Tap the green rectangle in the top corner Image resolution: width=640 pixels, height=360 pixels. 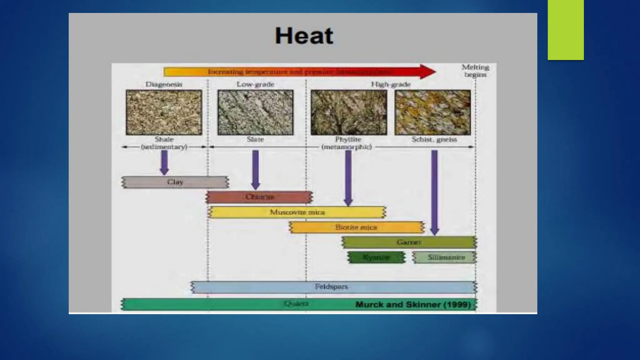click(566, 30)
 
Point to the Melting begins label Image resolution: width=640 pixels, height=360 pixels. click(475, 71)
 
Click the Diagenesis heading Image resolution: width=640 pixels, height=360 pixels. click(164, 84)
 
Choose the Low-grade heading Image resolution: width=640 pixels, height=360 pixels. click(255, 84)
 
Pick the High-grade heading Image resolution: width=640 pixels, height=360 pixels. click(391, 84)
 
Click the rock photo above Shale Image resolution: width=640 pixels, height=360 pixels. click(164, 112)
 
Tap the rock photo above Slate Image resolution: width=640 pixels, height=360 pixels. click(255, 112)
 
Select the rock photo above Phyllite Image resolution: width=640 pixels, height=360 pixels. click(349, 112)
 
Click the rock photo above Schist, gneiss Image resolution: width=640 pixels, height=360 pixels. click(433, 112)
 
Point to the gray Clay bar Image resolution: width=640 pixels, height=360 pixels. click(175, 182)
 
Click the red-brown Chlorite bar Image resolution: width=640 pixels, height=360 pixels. click(259, 197)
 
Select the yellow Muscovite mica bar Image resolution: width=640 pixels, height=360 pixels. click(297, 212)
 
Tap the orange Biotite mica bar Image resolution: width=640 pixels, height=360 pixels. click(357, 227)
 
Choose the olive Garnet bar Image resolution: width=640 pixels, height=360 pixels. click(409, 242)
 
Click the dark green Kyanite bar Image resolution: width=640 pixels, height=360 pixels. click(376, 257)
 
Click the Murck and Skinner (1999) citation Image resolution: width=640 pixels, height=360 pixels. click(413, 305)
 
